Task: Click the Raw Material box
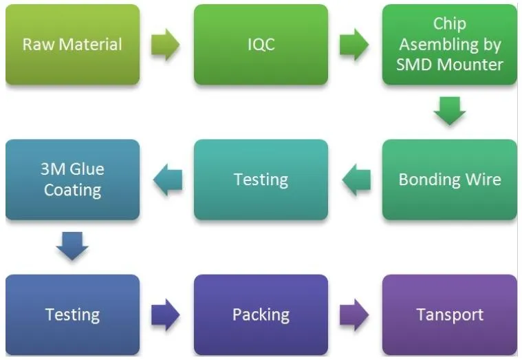(x=72, y=45)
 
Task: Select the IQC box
(x=261, y=45)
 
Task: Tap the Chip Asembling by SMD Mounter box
(x=449, y=45)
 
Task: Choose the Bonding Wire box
(x=449, y=180)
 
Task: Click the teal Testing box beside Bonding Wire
(x=261, y=180)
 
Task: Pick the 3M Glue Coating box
(x=72, y=180)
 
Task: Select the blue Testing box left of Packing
(x=72, y=315)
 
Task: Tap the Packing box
(x=261, y=315)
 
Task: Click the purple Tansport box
(x=449, y=315)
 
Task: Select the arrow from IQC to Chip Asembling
(x=354, y=45)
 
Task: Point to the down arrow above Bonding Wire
(x=449, y=111)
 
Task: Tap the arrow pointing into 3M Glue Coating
(x=167, y=180)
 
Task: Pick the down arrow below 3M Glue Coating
(x=72, y=246)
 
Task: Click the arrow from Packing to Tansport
(x=354, y=315)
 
